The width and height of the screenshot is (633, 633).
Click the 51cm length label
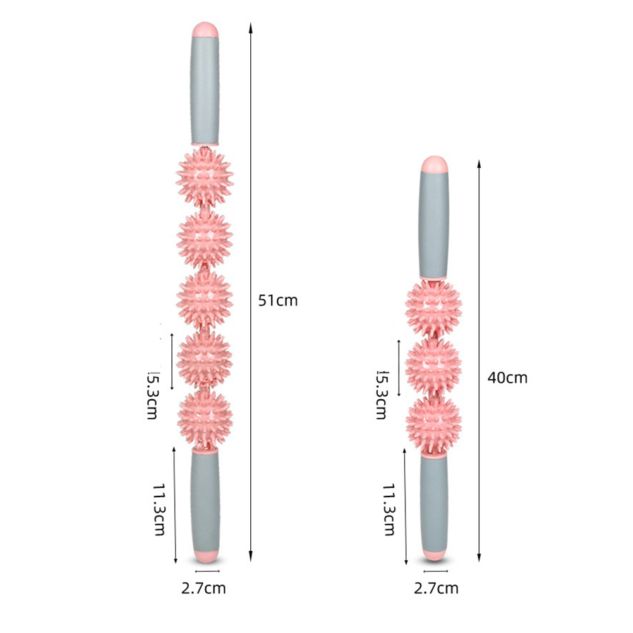tap(278, 300)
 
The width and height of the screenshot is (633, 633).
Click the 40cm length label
tap(507, 378)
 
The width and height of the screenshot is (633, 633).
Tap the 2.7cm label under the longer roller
tap(203, 588)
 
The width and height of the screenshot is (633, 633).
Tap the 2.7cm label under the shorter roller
tap(436, 588)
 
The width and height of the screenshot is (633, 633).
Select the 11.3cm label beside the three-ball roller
tap(389, 509)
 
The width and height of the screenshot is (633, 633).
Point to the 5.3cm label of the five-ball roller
tap(153, 395)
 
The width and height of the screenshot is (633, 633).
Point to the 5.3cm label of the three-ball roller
tap(381, 395)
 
